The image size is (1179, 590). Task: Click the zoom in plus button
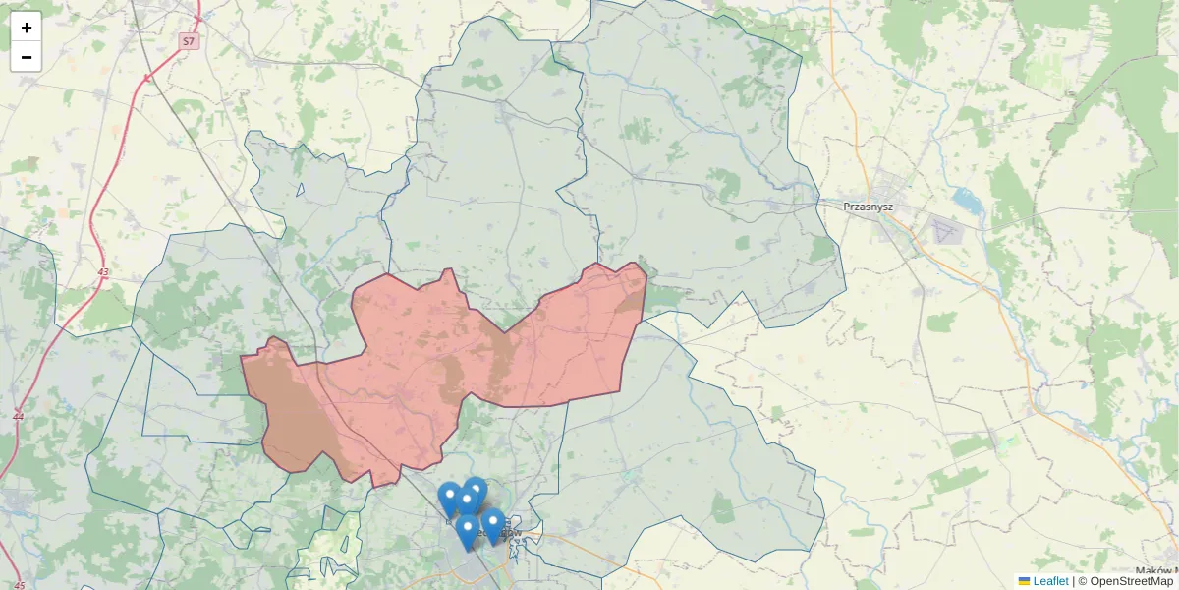pyautogui.click(x=26, y=28)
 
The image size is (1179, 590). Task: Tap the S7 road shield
pyautogui.click(x=189, y=41)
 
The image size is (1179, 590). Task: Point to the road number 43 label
pyautogui.click(x=103, y=271)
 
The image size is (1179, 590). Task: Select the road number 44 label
pyautogui.click(x=18, y=416)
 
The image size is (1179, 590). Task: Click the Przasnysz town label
pyautogui.click(x=865, y=206)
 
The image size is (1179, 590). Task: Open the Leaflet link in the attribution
pyautogui.click(x=1049, y=581)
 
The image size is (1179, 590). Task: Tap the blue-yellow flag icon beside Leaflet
pyautogui.click(x=1024, y=581)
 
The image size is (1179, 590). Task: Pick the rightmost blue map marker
pyautogui.click(x=493, y=524)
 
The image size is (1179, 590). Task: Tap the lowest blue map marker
pyautogui.click(x=468, y=532)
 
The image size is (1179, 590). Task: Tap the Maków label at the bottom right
pyautogui.click(x=1154, y=571)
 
